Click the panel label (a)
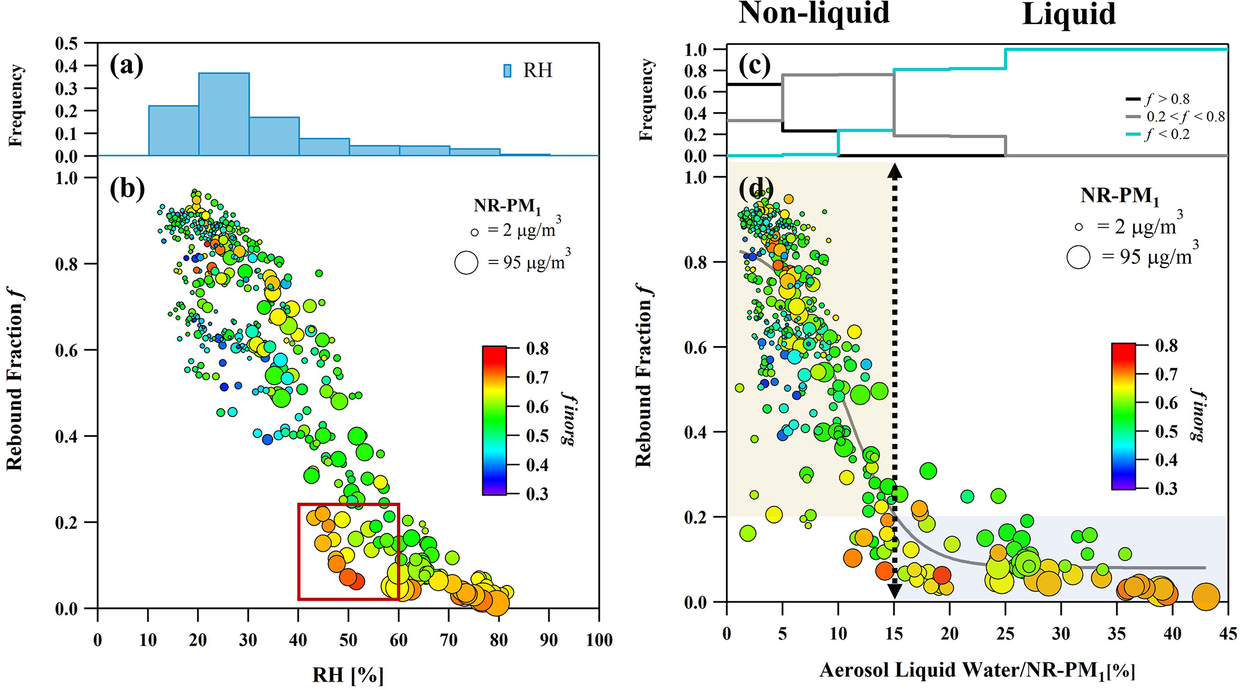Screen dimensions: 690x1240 pos(127,65)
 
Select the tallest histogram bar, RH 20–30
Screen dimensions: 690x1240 pos(224,114)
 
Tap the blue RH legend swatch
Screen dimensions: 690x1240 pos(508,71)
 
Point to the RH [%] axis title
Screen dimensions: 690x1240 pos(348,675)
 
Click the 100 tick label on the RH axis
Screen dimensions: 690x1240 pos(599,640)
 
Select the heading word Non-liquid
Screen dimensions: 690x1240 pos(814,13)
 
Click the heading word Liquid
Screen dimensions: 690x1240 pos(1068,14)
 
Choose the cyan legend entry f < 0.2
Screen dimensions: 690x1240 pos(1166,134)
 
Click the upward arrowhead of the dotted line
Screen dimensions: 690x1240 pos(894,172)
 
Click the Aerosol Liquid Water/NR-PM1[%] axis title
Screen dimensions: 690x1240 pos(977,671)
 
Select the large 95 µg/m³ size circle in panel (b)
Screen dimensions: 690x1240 pos(466,263)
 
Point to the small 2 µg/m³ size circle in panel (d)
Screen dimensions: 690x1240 pos(1079,227)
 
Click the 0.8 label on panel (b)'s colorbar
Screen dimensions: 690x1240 pos(537,349)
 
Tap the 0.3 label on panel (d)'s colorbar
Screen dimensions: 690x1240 pos(1166,488)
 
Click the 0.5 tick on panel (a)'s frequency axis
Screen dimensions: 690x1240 pos(66,44)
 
